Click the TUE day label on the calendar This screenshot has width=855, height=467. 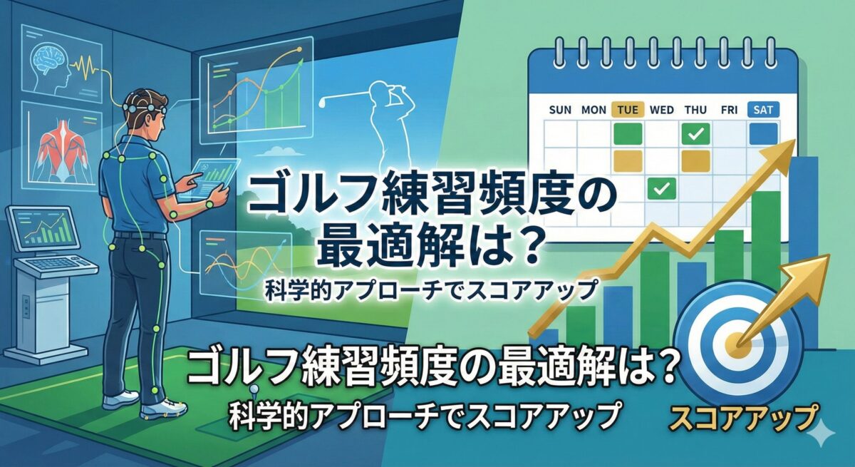coord(628,110)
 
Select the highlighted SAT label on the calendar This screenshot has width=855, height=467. coord(762,110)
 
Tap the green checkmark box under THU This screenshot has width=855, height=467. coord(695,133)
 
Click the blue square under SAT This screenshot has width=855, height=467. coord(763,133)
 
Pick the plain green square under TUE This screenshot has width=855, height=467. coord(628,133)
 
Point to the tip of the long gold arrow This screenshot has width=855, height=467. coord(793,142)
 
